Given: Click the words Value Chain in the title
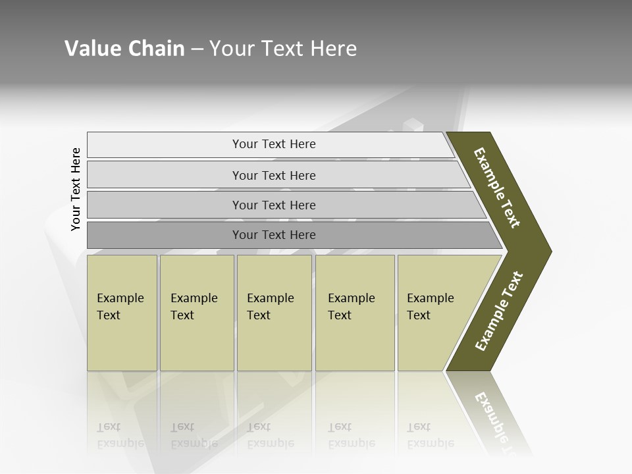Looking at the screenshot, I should [x=124, y=49].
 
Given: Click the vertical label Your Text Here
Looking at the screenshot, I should [x=76, y=189].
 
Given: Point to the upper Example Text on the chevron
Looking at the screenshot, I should [x=497, y=188].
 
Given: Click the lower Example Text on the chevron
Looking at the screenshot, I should [x=499, y=311].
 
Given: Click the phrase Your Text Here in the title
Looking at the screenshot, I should [x=283, y=49].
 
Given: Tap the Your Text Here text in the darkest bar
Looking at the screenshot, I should [x=274, y=235].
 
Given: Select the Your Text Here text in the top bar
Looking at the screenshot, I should [x=274, y=144].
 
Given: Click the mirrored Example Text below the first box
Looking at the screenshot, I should [x=120, y=435].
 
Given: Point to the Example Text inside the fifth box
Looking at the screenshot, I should [x=430, y=307].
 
